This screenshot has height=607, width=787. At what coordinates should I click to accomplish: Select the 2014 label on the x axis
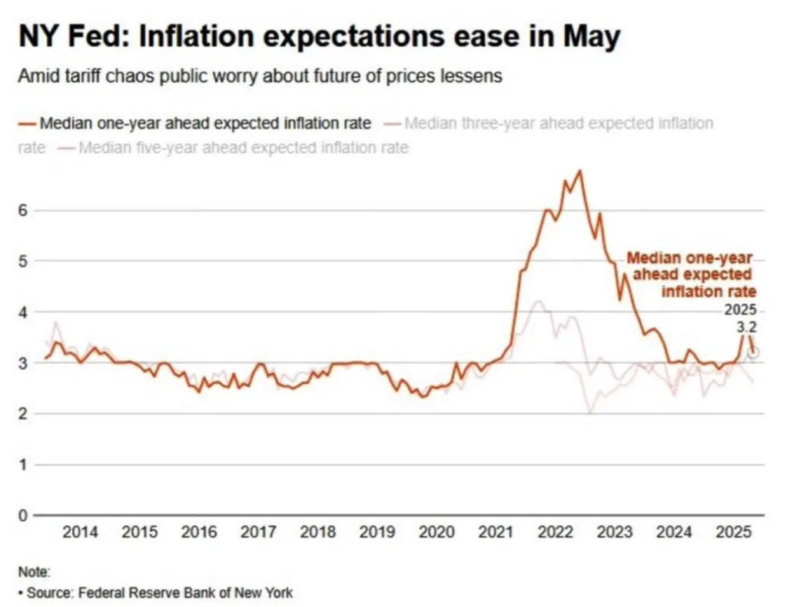point(80,532)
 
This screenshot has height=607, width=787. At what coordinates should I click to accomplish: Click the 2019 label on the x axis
point(377,532)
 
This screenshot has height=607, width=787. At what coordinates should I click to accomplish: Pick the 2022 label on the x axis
point(556,532)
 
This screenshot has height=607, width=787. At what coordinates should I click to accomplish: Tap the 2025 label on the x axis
point(734,532)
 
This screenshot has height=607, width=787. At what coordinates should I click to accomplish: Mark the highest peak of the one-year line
point(579,171)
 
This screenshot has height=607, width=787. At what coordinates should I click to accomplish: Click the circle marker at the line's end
point(754,352)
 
